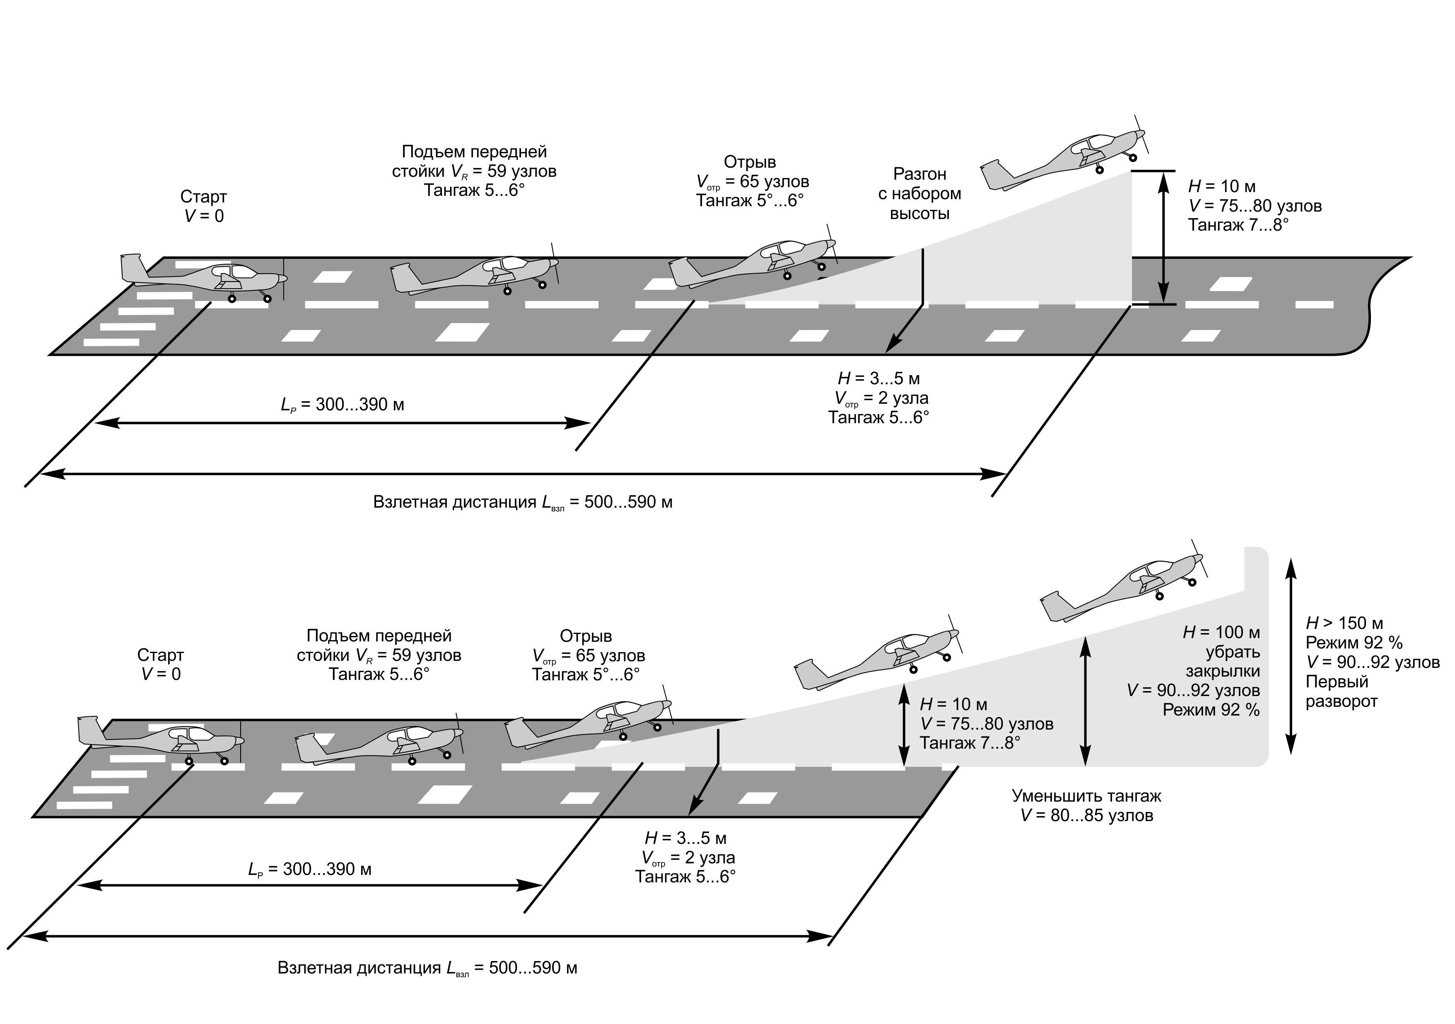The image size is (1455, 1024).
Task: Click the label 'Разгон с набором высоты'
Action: pos(919,193)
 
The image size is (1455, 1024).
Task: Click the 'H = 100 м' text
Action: pos(1221,632)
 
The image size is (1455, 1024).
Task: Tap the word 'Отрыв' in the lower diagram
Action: pos(586,636)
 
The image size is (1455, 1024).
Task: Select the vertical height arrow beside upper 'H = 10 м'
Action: pos(1163,238)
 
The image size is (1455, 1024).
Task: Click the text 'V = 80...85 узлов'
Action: pos(1086,816)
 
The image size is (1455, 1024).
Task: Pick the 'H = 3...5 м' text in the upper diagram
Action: pos(878,378)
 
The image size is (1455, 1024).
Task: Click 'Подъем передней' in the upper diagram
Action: pos(474,152)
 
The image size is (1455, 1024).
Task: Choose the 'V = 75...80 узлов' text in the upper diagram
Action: pos(1255,206)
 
